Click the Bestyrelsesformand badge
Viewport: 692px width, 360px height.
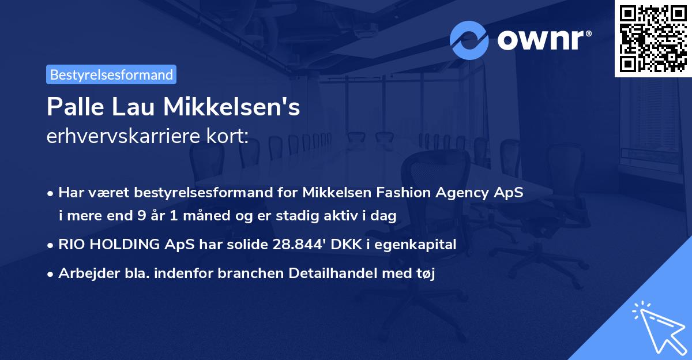point(111,74)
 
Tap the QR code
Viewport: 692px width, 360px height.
point(653,38)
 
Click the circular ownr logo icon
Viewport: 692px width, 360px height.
point(469,40)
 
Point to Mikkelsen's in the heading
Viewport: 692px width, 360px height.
point(232,107)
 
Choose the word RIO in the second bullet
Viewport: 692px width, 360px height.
point(72,245)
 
